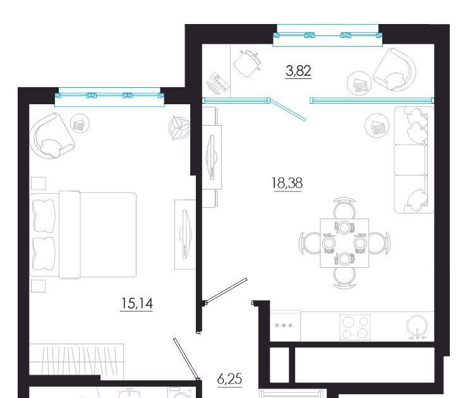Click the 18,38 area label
tap(287, 183)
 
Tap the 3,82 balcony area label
tap(298, 71)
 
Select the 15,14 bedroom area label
tap(137, 303)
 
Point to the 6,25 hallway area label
tap(229, 379)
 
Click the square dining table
tap(344, 243)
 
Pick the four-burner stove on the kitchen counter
tap(354, 327)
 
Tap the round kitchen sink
tap(417, 326)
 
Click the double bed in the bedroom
tap(83, 235)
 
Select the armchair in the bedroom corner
tap(51, 136)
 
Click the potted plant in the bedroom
tap(179, 127)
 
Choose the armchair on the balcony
tap(394, 70)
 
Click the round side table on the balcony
tap(359, 83)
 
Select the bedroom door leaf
tap(186, 359)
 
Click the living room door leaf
tap(226, 291)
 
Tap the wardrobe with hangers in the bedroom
tap(76, 359)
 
